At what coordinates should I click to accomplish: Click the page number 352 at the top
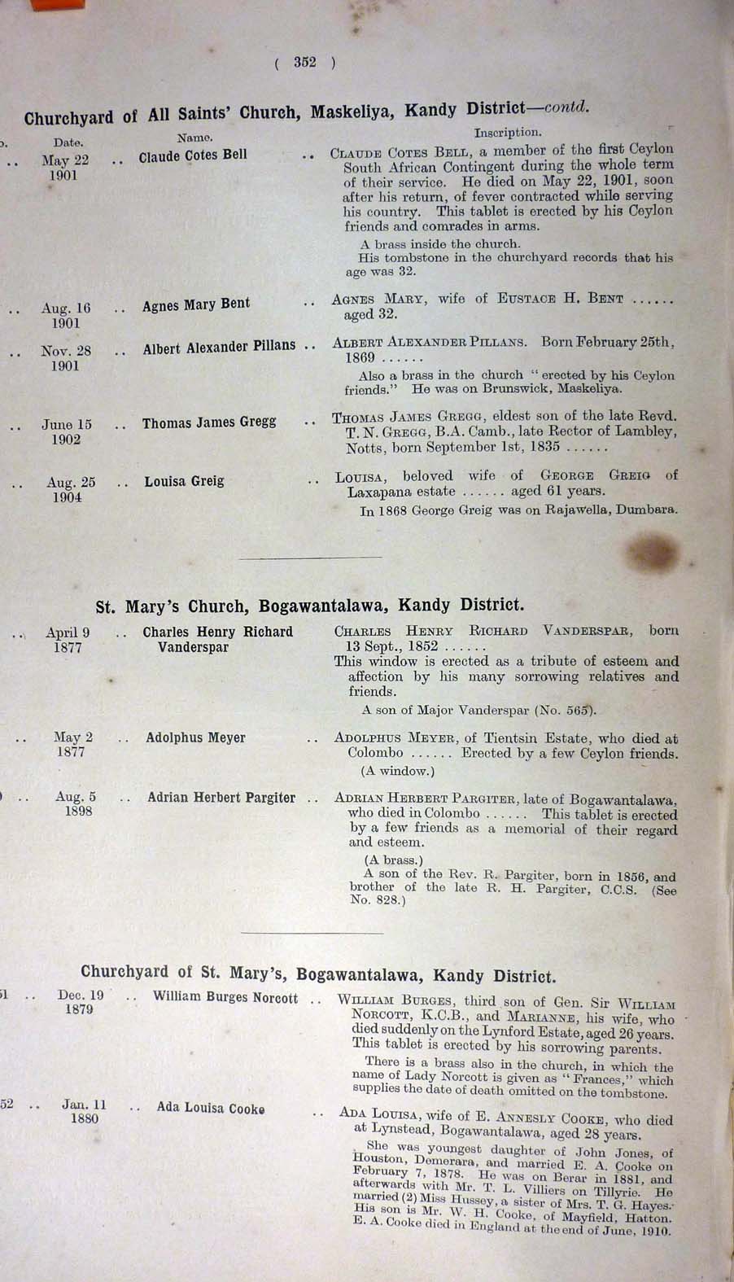(305, 63)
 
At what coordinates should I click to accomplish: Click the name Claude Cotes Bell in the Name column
(193, 155)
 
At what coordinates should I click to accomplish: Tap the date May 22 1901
(64, 168)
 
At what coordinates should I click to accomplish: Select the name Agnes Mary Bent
(195, 305)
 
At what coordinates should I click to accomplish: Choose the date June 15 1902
(67, 432)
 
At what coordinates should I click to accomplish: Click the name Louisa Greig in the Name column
(184, 481)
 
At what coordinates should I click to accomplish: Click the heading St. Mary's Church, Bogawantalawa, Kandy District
(309, 606)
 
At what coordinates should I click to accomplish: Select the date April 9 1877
(68, 640)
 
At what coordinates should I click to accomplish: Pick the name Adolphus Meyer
(195, 738)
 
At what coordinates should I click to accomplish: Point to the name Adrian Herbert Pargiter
(221, 798)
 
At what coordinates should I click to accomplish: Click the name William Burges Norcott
(225, 997)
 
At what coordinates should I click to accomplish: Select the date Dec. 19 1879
(81, 1002)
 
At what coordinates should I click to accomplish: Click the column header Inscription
(508, 131)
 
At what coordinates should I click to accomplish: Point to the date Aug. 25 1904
(70, 490)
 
